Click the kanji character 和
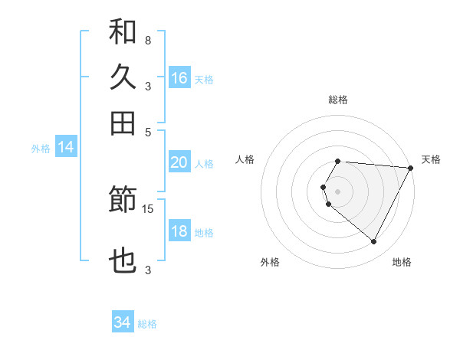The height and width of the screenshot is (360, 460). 123,31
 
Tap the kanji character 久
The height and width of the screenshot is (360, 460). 123,77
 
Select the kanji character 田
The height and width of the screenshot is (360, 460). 123,123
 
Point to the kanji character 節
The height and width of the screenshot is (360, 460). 123,201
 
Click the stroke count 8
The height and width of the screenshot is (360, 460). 147,40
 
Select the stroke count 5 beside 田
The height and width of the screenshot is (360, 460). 147,131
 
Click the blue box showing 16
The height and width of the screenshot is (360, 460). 179,78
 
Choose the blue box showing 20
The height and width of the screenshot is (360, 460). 179,162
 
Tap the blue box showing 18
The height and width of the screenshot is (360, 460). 179,231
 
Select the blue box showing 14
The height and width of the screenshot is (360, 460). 66,148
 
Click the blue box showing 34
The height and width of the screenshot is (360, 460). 123,323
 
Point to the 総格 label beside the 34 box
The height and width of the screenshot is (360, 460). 147,324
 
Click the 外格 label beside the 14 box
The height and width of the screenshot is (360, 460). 41,149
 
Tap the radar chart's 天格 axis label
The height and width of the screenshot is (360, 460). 431,159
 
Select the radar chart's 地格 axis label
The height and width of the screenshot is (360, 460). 402,262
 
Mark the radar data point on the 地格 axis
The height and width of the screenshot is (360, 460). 374,242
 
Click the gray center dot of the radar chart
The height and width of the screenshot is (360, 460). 337,191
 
